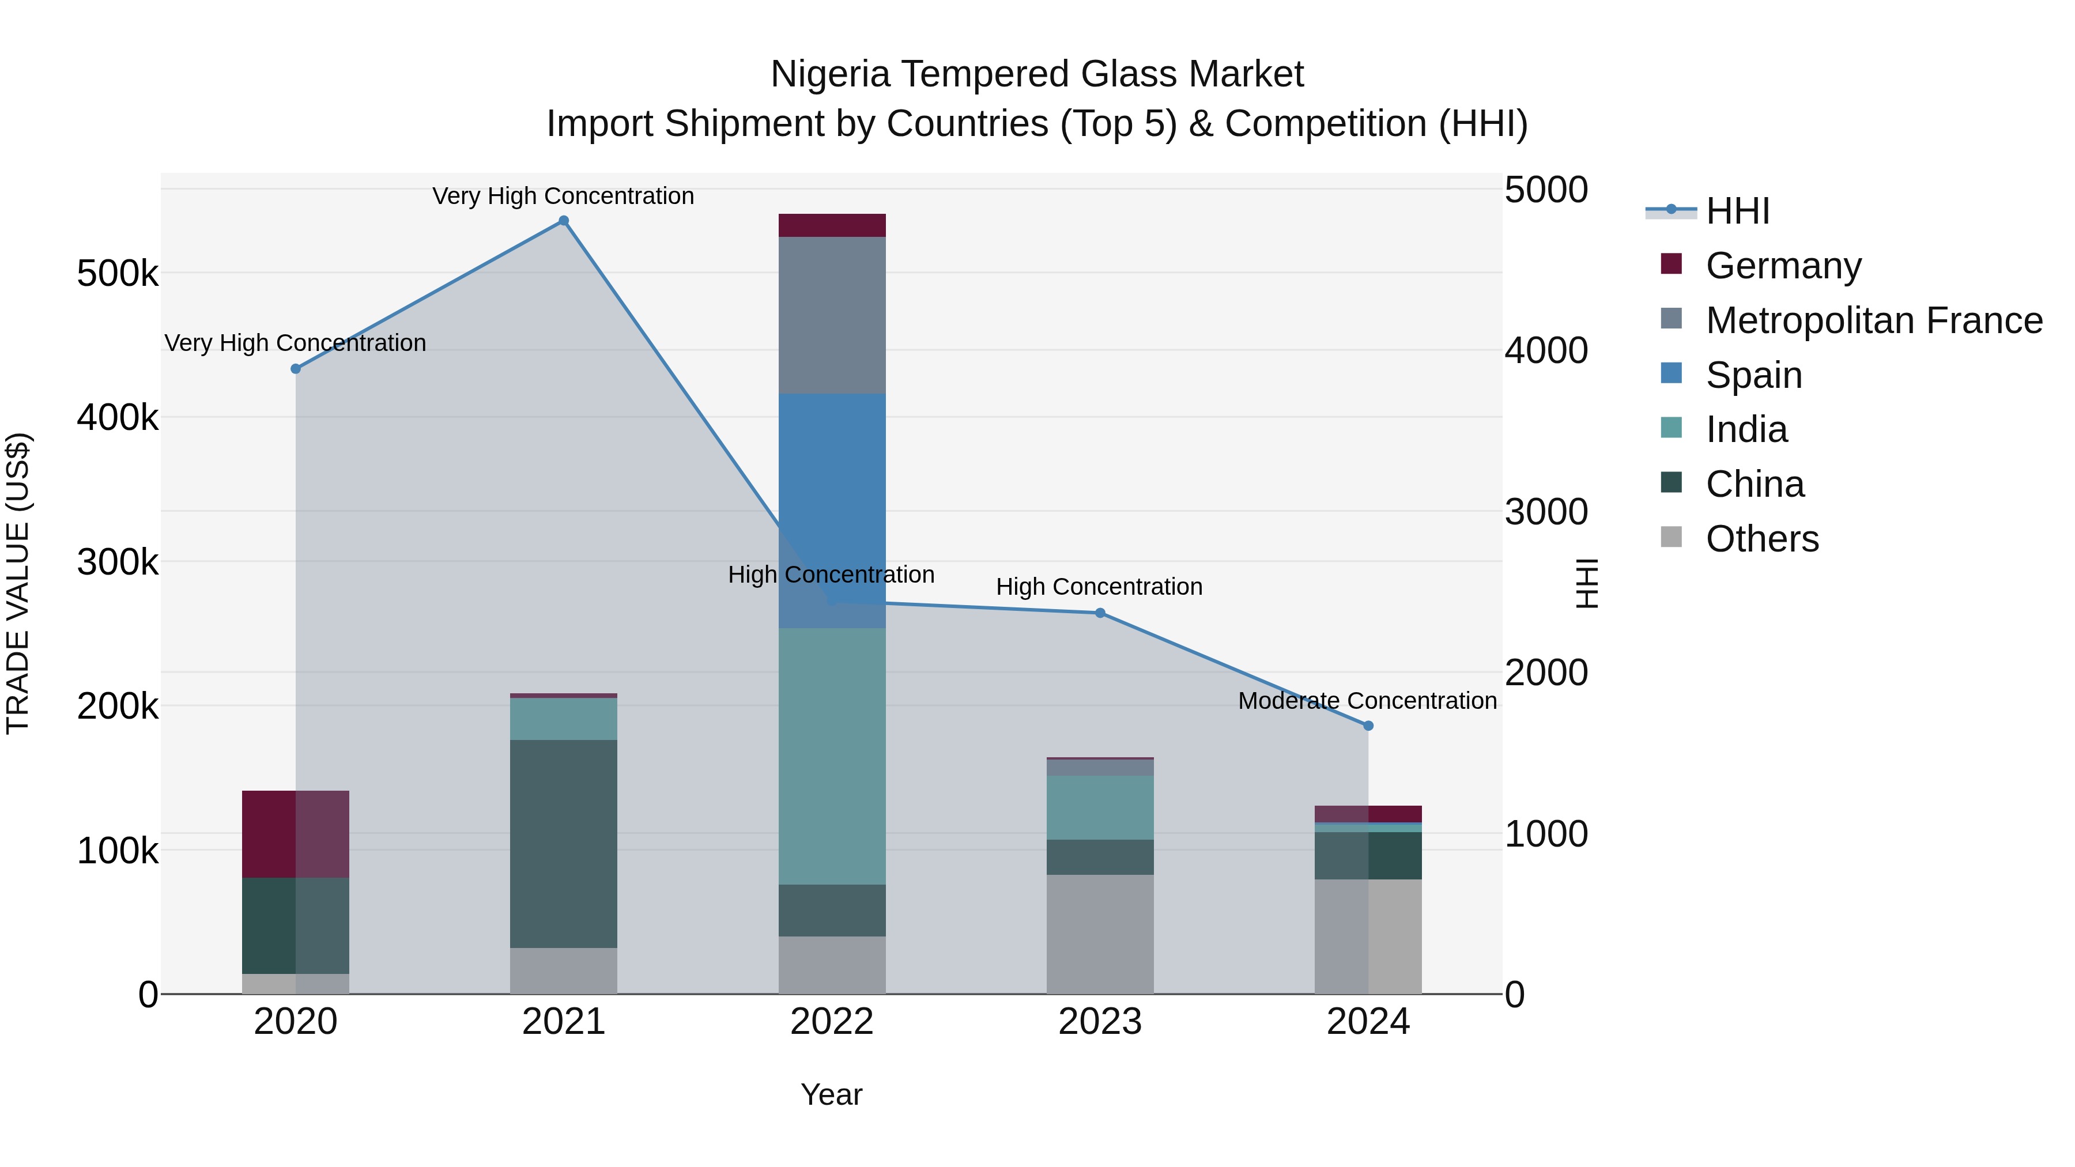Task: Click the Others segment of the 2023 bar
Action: point(1100,934)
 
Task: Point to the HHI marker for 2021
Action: point(563,221)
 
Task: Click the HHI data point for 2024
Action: point(1368,726)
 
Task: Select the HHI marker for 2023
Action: point(1100,613)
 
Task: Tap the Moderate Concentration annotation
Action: point(1367,701)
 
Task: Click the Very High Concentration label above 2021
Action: point(563,196)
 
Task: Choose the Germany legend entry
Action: point(1783,265)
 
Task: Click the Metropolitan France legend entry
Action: point(1874,320)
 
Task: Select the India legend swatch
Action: point(1672,428)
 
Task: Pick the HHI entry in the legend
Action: point(1737,211)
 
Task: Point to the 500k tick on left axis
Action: point(118,274)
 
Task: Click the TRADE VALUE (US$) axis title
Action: point(18,583)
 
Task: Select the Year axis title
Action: point(831,1094)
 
